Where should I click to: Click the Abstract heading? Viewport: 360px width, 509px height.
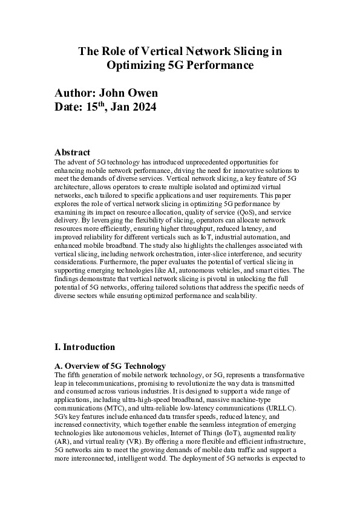tap(72, 153)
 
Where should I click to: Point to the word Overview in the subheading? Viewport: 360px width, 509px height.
tap(83, 366)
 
